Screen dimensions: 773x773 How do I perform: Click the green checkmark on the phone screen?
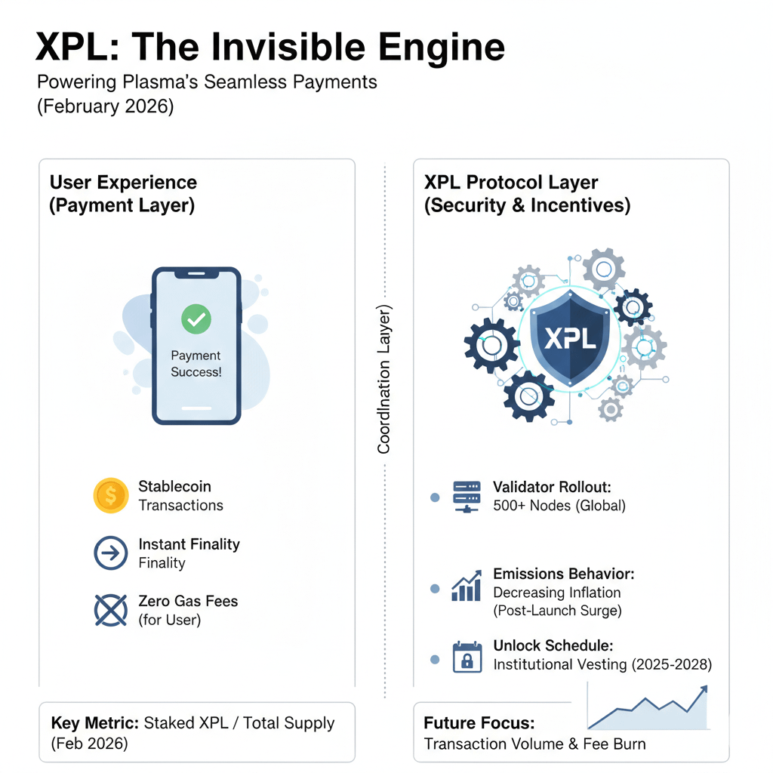click(196, 319)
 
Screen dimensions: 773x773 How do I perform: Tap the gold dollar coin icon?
click(111, 495)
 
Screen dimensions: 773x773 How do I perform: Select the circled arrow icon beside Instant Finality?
click(111, 553)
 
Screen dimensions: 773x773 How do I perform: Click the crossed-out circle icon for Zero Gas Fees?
click(111, 610)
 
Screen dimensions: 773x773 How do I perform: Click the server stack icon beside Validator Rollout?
click(467, 497)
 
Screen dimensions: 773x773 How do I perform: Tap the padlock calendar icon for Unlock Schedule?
click(467, 657)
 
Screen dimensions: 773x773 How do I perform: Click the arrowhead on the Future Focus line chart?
click(704, 689)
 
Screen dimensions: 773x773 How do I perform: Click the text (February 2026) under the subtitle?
click(105, 106)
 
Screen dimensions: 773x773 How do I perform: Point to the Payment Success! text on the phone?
click(196, 364)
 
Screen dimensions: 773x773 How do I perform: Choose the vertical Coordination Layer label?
click(384, 379)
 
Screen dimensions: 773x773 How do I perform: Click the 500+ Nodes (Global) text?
click(559, 506)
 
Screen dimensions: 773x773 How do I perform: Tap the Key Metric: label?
click(94, 723)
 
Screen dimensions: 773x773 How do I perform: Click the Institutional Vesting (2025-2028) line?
click(602, 664)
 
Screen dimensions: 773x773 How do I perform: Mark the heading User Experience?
click(123, 182)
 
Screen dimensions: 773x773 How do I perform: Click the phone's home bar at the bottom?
click(196, 407)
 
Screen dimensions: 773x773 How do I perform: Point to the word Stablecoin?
click(174, 486)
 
